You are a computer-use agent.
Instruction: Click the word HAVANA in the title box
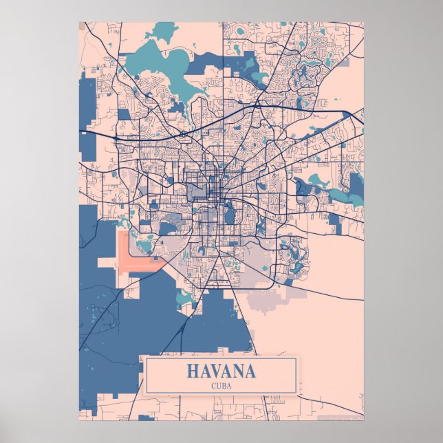[221, 371]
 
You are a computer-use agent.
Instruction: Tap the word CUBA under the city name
[221, 385]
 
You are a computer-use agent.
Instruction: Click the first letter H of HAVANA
[192, 371]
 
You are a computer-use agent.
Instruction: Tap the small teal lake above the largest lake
[164, 30]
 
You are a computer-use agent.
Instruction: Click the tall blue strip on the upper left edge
[87, 124]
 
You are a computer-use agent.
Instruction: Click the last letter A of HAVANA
[250, 371]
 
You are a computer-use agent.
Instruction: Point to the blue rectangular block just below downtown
[230, 217]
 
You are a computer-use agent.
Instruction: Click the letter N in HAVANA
[238, 371]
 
